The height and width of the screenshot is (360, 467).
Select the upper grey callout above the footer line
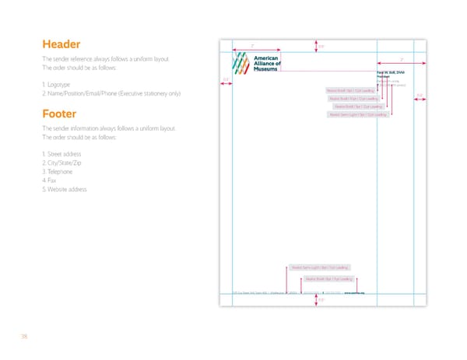320,267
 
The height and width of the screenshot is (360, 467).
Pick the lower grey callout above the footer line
329,278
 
